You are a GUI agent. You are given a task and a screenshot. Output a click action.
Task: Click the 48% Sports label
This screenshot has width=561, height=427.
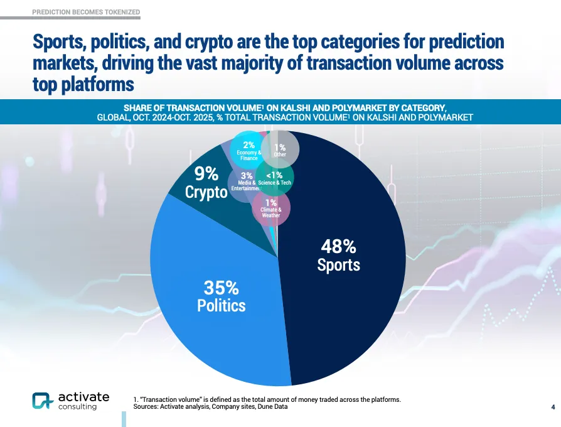(x=339, y=255)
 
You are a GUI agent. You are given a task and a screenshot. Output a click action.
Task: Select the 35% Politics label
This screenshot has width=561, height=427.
(x=221, y=297)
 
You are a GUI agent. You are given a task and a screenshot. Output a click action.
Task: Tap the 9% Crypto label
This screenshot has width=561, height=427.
(x=206, y=183)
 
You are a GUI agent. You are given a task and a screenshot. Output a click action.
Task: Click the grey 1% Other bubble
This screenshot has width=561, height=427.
(x=280, y=148)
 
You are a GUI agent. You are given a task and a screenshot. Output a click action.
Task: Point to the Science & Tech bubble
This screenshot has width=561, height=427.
(x=275, y=179)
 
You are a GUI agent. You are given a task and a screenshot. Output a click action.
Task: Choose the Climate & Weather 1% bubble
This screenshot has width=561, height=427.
(x=271, y=208)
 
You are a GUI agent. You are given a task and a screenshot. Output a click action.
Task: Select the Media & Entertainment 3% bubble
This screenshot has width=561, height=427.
(x=245, y=181)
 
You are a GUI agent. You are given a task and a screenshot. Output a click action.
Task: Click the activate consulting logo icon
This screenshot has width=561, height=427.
(x=42, y=401)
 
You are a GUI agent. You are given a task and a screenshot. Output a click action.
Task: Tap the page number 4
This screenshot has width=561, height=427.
(x=553, y=408)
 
